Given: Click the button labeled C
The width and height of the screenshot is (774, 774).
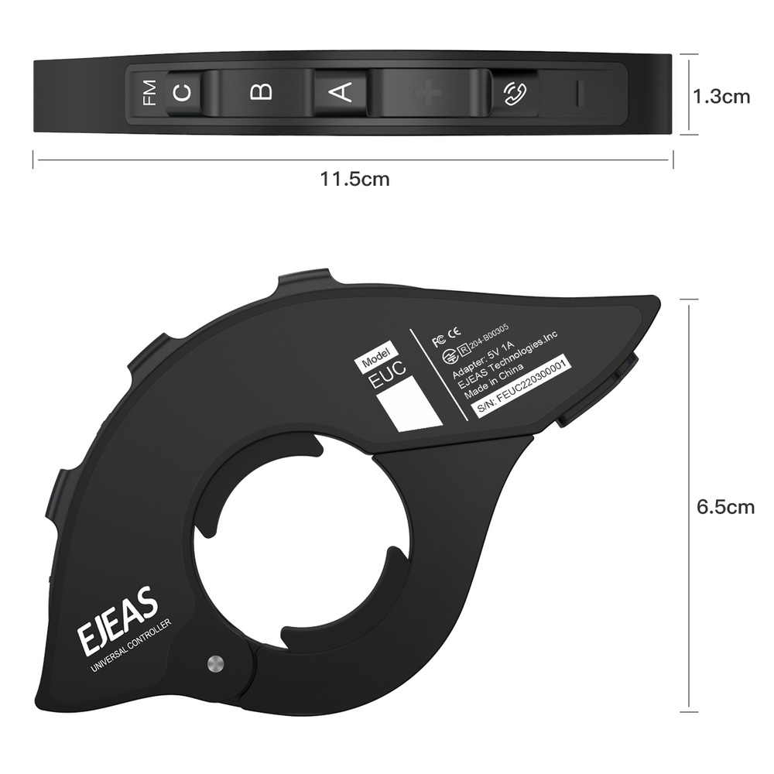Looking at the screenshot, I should click(183, 94).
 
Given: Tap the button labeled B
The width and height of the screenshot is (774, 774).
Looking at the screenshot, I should click(262, 93).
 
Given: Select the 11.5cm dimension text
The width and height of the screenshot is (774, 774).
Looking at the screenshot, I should click(355, 180).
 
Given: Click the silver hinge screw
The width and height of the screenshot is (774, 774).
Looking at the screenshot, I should click(215, 663).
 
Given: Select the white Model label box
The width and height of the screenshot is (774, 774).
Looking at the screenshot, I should click(375, 357).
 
